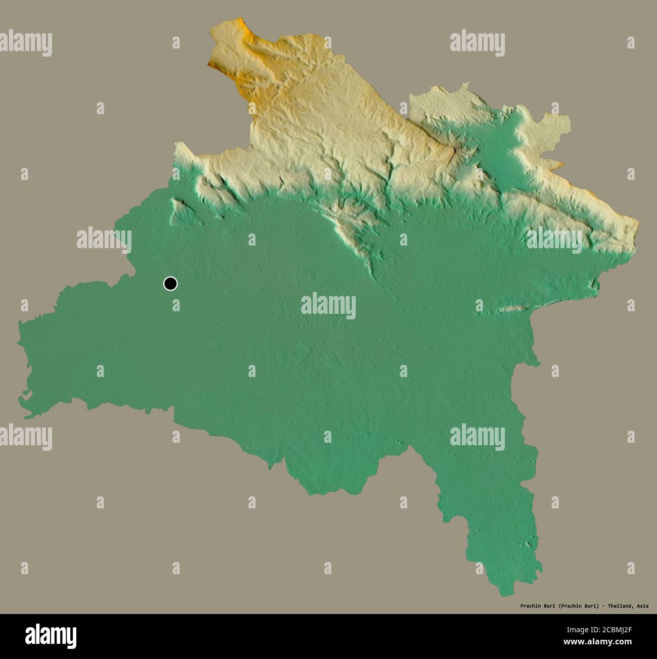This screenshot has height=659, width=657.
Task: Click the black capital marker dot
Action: coord(170,284)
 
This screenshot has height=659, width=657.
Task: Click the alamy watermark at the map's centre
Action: coord(328,306)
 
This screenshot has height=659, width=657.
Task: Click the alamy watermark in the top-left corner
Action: coord(26,43)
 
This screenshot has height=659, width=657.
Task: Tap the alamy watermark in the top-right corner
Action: coord(477,43)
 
